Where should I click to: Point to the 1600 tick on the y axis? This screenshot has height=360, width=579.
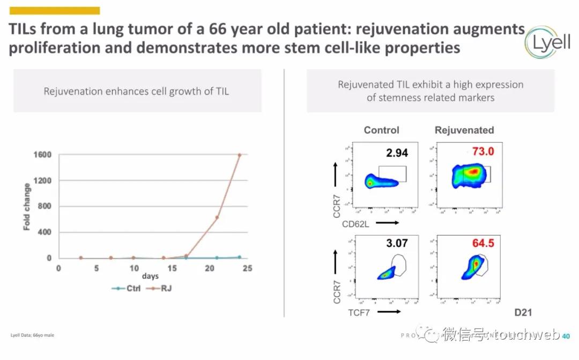(43, 155)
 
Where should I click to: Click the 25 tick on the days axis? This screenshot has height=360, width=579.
(247, 268)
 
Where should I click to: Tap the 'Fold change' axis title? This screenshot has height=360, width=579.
(27, 207)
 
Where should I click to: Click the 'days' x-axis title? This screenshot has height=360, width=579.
(150, 276)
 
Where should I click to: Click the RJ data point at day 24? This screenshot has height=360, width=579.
(240, 155)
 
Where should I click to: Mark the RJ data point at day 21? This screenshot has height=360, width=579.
(217, 217)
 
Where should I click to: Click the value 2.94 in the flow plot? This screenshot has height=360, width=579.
(397, 153)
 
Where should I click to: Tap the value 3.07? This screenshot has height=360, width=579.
(397, 244)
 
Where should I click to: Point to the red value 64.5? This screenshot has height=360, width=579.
(483, 244)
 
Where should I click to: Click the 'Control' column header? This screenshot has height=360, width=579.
(381, 130)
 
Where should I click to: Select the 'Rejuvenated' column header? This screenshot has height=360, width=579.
(464, 130)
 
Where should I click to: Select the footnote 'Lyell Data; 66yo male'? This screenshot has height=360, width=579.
(32, 335)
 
